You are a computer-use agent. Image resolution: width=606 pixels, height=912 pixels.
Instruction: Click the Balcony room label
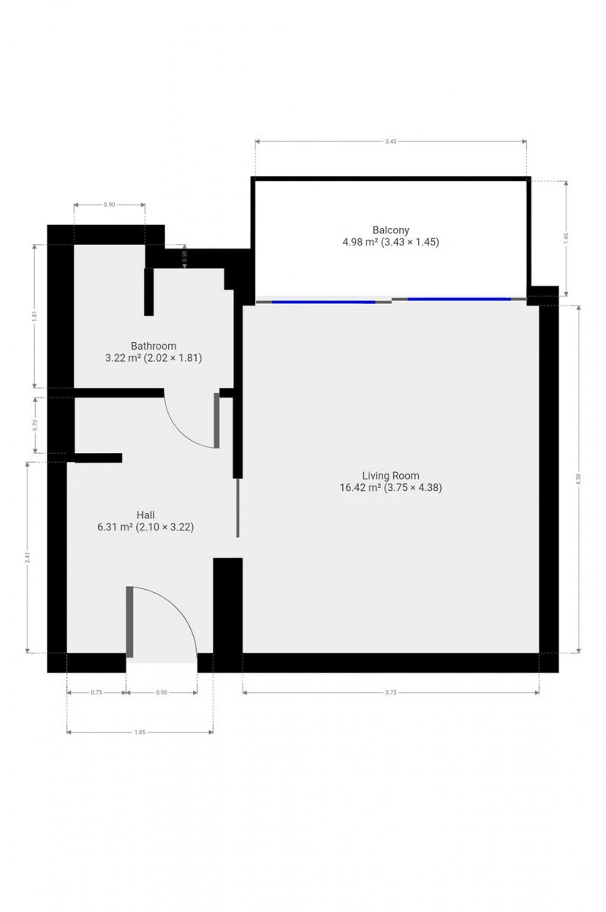(391, 230)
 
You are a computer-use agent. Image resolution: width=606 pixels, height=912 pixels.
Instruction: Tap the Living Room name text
(391, 476)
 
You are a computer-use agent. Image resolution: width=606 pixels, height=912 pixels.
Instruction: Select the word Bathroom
(154, 346)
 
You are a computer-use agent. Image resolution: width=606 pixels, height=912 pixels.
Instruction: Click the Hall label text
(145, 515)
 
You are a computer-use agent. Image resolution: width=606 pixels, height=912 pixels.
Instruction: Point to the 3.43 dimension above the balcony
(391, 141)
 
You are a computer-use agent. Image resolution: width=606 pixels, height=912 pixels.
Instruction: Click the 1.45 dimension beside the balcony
(566, 239)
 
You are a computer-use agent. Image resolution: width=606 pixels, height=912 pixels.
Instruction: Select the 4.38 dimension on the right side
(579, 479)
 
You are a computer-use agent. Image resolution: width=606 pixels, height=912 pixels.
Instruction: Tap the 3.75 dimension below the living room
(391, 692)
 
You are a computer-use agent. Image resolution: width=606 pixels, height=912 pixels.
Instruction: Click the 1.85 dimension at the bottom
(140, 733)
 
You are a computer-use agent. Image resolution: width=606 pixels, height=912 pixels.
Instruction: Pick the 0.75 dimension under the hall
(97, 692)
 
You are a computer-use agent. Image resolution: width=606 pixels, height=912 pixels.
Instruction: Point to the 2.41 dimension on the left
(27, 558)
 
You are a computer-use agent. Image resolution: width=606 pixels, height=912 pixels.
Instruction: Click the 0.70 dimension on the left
(35, 426)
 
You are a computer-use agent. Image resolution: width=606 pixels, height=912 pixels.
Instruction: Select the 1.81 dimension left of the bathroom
(35, 316)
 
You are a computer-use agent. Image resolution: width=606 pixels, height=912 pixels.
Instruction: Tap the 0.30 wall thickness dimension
(185, 257)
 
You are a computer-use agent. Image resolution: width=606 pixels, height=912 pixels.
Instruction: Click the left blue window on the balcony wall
(323, 302)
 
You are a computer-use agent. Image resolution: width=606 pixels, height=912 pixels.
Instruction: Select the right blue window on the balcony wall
(459, 299)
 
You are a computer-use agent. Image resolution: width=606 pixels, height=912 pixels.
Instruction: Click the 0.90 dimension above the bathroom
(109, 204)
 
